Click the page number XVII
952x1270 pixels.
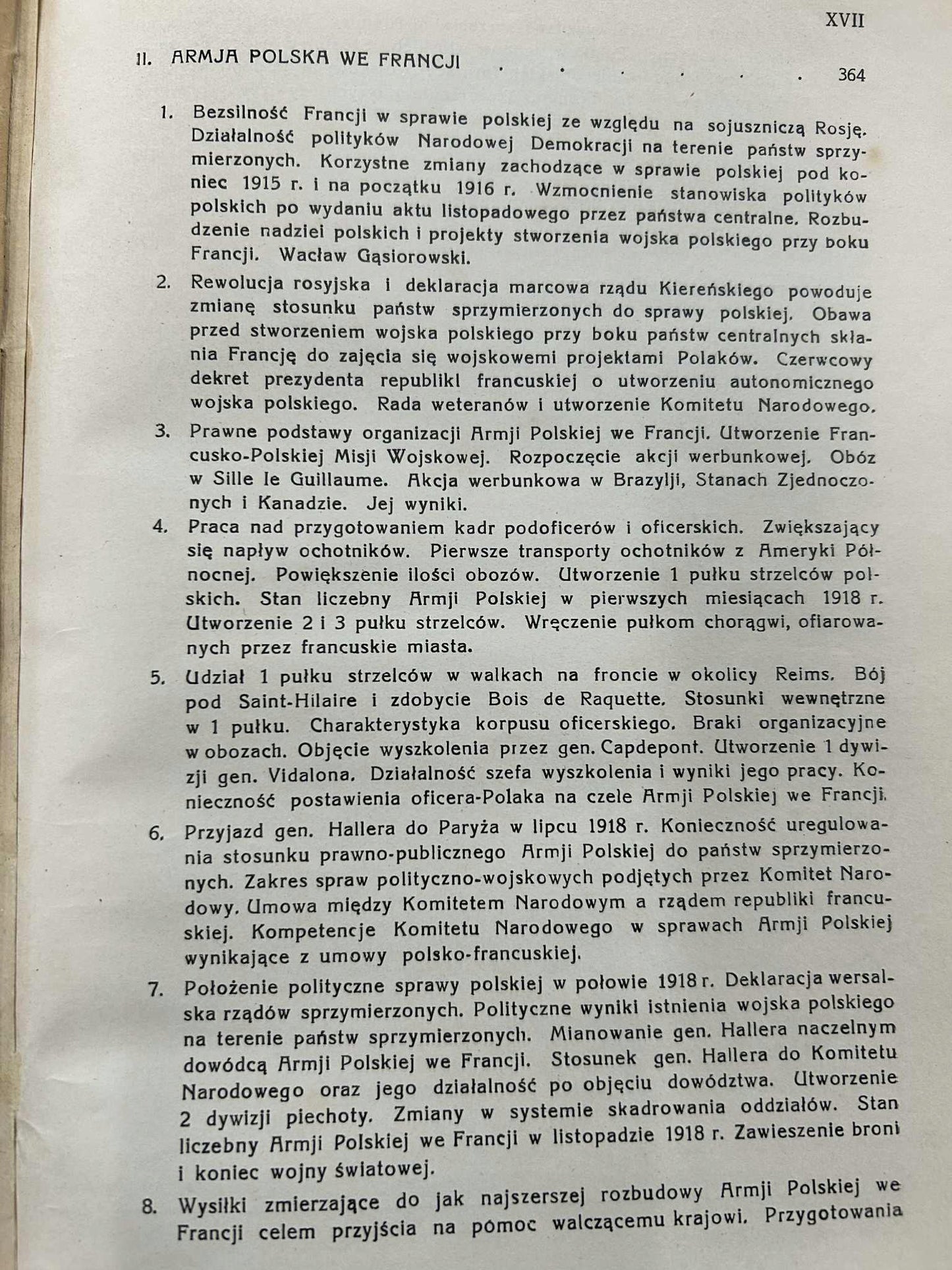point(845,20)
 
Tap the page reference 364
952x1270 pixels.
point(851,76)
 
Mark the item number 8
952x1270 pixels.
point(149,1207)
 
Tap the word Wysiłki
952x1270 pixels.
point(213,1206)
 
